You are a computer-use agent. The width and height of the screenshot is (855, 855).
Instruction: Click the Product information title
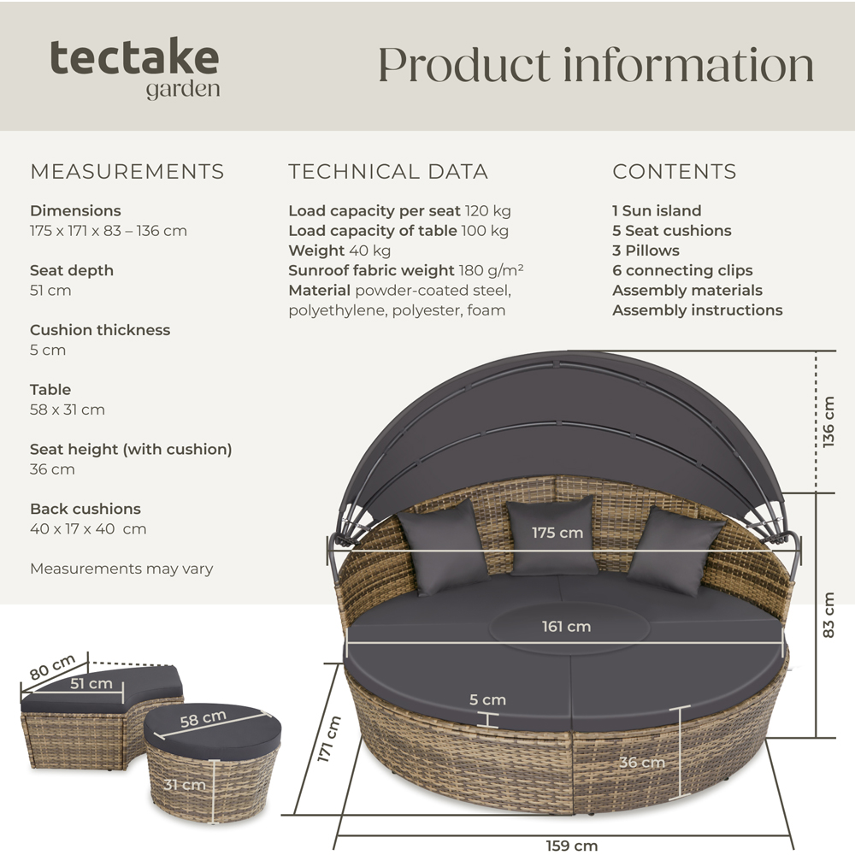coord(595,66)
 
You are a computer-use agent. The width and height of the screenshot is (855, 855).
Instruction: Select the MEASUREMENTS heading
coord(127,171)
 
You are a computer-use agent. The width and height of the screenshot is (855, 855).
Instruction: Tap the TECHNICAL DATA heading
coord(388,171)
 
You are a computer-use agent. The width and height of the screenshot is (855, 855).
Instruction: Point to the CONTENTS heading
coord(674,171)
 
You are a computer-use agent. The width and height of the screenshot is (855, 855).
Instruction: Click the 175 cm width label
coord(557,533)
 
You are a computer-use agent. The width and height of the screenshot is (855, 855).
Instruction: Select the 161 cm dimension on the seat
coord(566,627)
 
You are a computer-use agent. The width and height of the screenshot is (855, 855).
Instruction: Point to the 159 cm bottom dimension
coord(571,846)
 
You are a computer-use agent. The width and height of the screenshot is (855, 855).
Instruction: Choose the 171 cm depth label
coord(329,740)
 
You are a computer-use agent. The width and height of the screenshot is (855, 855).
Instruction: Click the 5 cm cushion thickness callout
coord(487,700)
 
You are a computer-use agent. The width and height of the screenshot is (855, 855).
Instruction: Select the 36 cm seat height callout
coord(641,762)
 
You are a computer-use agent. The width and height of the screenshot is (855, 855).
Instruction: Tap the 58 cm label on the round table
coord(203,719)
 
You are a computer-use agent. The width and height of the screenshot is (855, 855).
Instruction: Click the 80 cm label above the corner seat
coord(52,668)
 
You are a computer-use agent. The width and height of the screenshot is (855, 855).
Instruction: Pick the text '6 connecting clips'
coord(682,270)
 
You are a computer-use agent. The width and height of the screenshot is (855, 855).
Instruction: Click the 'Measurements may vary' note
coord(121,569)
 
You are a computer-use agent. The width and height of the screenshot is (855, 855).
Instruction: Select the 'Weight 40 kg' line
coord(339,251)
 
